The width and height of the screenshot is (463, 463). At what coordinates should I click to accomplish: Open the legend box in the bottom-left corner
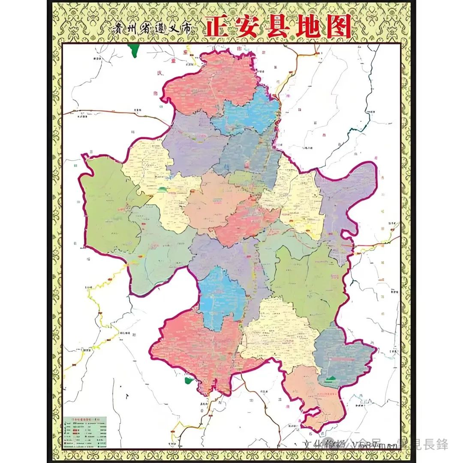pos(85,432)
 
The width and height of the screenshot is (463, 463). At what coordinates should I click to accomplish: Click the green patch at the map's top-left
pos(135,51)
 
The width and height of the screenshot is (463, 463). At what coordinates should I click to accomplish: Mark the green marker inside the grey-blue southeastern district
pos(330,379)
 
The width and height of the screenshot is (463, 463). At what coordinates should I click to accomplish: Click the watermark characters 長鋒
pos(436,445)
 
